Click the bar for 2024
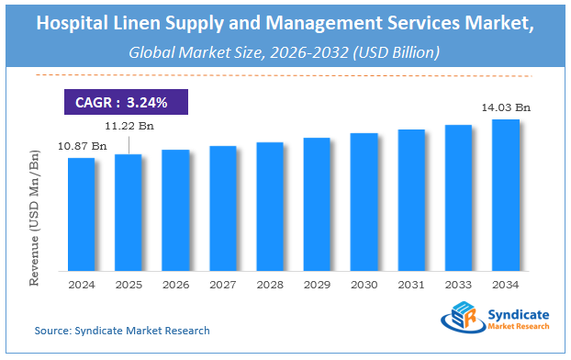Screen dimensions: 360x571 click(82, 214)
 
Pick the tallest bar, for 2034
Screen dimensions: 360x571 click(506, 195)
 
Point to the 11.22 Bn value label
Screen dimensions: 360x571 click(128, 128)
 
